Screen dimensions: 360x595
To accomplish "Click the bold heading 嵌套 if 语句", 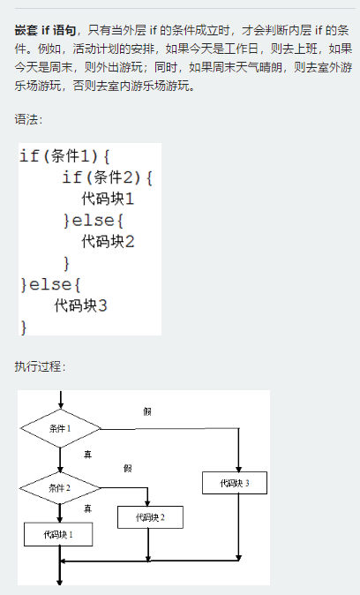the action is coord(46,30).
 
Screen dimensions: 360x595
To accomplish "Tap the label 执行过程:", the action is coord(40,366).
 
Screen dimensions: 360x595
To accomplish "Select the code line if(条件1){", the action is coord(64,156).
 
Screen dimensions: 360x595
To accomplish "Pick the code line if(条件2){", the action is coord(108,177).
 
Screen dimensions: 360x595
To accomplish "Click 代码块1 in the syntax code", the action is coord(108,199).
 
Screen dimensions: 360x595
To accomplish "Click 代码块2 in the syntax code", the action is coord(108,241).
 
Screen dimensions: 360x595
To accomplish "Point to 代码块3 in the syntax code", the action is coord(80,305).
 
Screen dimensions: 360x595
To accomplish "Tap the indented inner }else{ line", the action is coord(94,220).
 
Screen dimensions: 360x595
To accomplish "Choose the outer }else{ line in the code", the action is coord(50,284).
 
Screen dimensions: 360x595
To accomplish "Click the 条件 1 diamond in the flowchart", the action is coord(60,428).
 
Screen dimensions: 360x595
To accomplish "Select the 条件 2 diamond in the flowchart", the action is coord(60,488).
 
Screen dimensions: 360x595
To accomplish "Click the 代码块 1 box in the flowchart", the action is coord(58,534).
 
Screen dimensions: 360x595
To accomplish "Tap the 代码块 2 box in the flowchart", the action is coord(150,517).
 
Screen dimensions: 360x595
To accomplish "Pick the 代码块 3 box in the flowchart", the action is coord(235,483).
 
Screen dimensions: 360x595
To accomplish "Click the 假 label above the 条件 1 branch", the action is coord(147,411).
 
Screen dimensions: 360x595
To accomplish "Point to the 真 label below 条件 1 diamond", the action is coord(87,455).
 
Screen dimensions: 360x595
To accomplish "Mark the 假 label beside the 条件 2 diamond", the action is coord(128,468).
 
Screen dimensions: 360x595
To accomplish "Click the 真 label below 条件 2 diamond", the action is coord(87,508).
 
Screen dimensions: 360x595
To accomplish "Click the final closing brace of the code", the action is coord(24,327).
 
